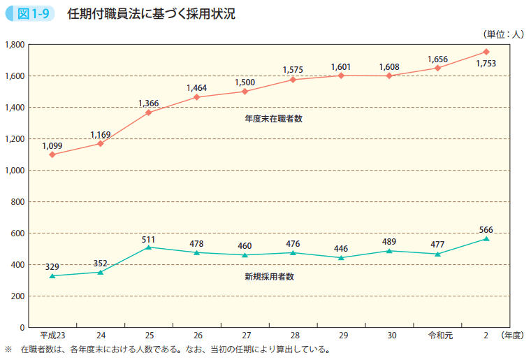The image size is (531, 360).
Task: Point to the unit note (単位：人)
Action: click(x=502, y=33)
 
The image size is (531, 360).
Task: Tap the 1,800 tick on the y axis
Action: click(x=15, y=45)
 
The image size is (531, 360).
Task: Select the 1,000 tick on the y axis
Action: click(x=15, y=171)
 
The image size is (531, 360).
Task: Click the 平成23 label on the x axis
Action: click(x=52, y=336)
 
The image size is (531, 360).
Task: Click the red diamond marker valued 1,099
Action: click(x=52, y=154)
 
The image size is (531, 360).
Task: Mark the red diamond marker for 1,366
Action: click(x=149, y=113)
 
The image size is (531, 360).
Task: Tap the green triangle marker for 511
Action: click(x=149, y=247)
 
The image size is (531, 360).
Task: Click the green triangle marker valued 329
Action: click(x=52, y=275)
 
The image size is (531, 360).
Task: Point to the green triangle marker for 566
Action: click(x=486, y=238)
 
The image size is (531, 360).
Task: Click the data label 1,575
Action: click(x=293, y=69)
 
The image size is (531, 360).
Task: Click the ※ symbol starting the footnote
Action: click(x=9, y=350)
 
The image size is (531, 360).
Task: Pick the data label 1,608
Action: click(x=389, y=67)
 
